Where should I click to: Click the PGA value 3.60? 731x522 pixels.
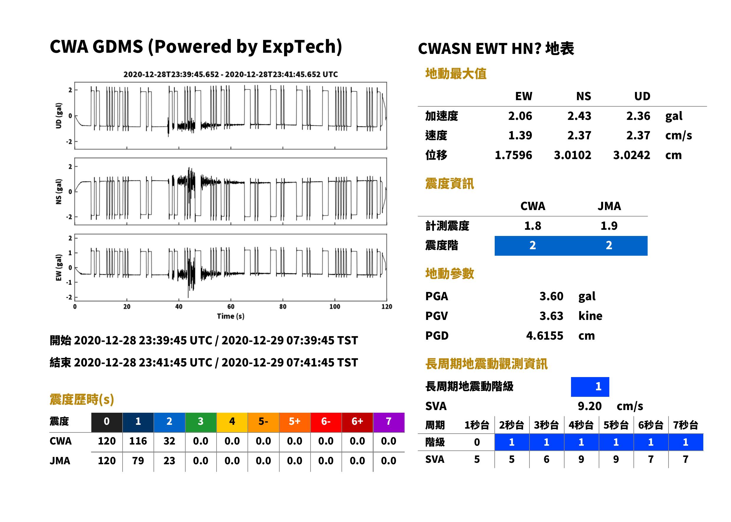pyautogui.click(x=551, y=296)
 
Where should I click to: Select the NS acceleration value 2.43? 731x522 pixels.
pyautogui.click(x=579, y=116)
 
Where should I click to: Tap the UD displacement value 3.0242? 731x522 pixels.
pyautogui.click(x=631, y=155)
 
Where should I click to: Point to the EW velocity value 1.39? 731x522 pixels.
pyautogui.click(x=520, y=135)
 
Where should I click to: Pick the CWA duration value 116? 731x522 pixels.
pyautogui.click(x=138, y=441)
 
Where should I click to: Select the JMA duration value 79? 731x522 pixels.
pyautogui.click(x=138, y=461)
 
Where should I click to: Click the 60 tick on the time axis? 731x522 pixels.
pyautogui.click(x=231, y=307)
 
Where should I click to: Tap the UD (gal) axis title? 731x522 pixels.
pyautogui.click(x=59, y=116)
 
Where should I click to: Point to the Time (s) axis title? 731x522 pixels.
pyautogui.click(x=230, y=316)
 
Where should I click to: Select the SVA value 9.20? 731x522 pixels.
pyautogui.click(x=589, y=406)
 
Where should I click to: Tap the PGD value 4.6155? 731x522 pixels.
pyautogui.click(x=544, y=336)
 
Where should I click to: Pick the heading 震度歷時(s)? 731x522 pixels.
pyautogui.click(x=82, y=399)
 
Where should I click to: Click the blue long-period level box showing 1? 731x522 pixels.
pyautogui.click(x=590, y=387)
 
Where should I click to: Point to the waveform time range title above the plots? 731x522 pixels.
pyautogui.click(x=230, y=74)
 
